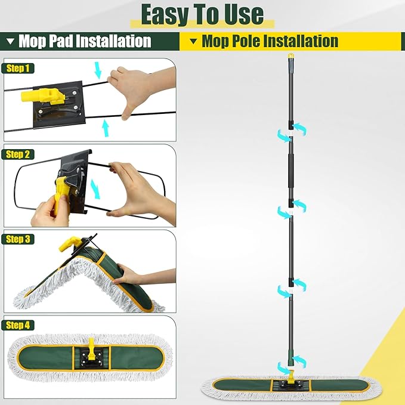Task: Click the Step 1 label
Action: coord(18,68)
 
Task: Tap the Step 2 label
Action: coord(18,154)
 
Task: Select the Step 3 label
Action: coord(18,239)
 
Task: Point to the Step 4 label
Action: coord(18,325)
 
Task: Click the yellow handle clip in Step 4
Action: coord(91,344)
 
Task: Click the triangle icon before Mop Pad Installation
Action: coord(10,41)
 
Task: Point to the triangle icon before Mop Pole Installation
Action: coord(193,41)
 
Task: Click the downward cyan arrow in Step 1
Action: coord(99,71)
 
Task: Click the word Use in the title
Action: coord(241,14)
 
